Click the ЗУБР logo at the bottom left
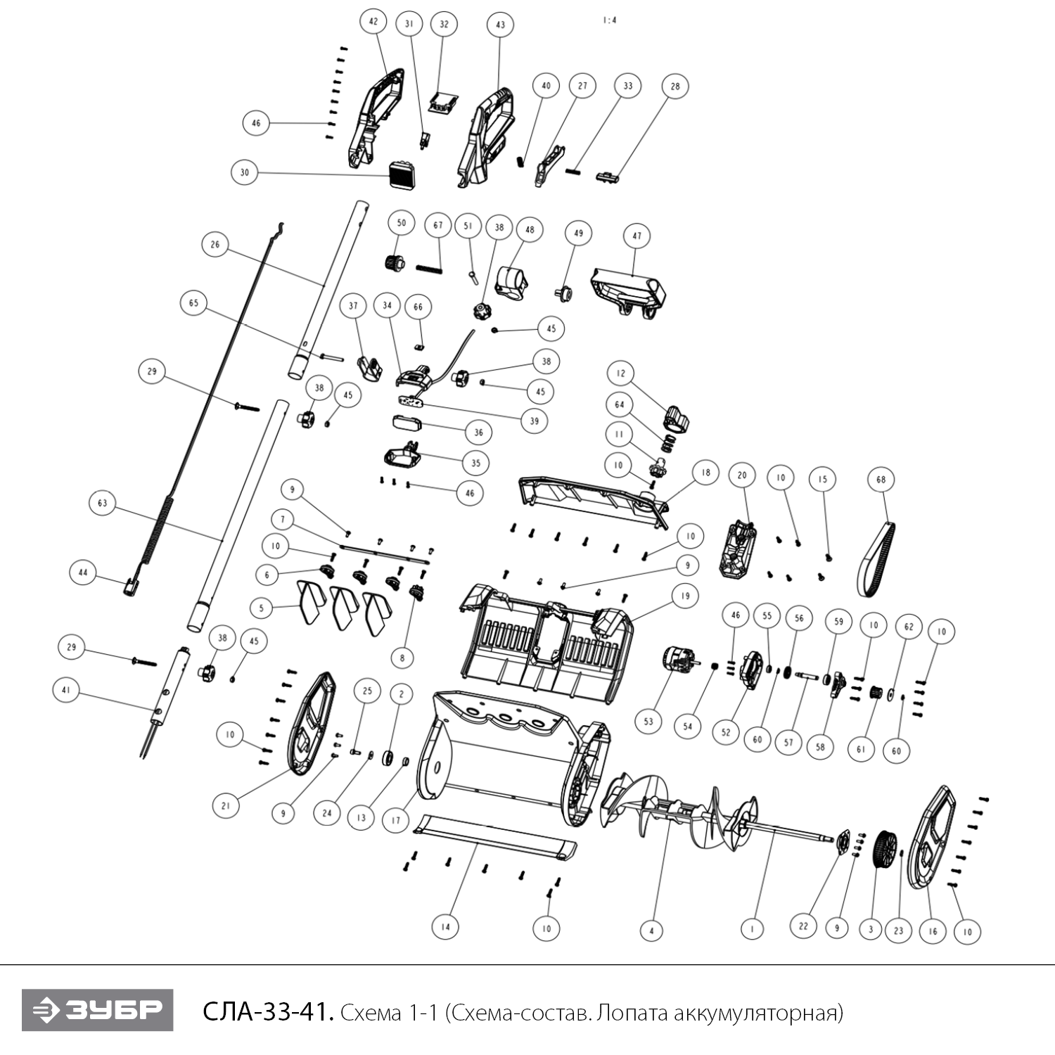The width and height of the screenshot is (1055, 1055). (97, 1011)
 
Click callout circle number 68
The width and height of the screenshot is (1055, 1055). (881, 480)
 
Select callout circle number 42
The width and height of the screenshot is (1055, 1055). (373, 22)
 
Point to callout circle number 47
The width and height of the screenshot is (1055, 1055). (637, 236)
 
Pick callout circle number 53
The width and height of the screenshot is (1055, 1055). (648, 721)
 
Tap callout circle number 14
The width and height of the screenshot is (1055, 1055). (445, 927)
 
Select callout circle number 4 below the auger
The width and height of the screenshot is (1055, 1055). (651, 931)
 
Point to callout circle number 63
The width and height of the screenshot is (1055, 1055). (103, 504)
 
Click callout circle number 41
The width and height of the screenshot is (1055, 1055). (66, 691)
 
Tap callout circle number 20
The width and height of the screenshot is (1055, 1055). (742, 475)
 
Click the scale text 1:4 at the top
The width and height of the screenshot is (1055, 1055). (609, 21)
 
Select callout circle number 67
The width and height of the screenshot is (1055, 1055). (438, 226)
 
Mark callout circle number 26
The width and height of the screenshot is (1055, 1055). (215, 245)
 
